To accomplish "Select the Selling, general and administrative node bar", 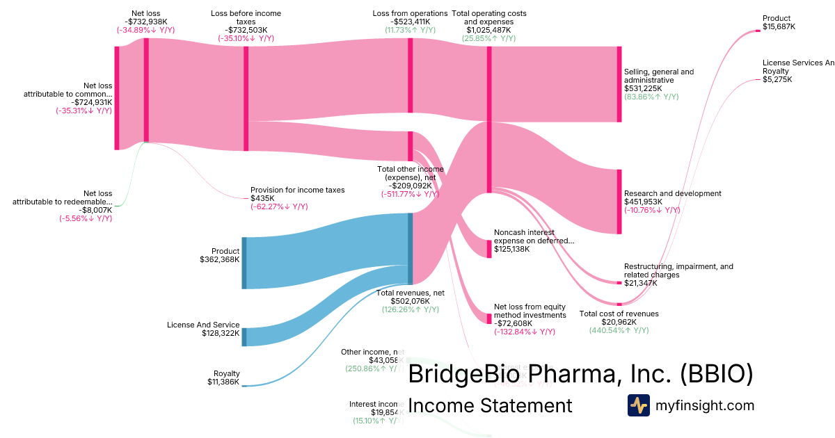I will coord(619,84).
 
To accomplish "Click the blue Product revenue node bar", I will coord(244,263).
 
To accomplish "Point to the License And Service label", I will coord(203,325).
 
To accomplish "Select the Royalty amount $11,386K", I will coord(223,382).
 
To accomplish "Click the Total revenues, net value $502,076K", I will coord(410,301).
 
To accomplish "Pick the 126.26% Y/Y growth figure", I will coord(410,310).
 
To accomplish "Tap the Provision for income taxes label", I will coord(297,190).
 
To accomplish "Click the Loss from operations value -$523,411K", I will coord(410,22).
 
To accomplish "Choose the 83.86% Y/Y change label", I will coord(651,97).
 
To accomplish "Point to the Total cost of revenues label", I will coord(619,314).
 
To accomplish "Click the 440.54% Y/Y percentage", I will coord(619,330).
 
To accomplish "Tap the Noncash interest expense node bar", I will coord(489,248).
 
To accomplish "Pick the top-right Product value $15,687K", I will coord(779,26).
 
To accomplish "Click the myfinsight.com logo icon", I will coord(638,405).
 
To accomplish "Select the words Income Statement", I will coord(490,405).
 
